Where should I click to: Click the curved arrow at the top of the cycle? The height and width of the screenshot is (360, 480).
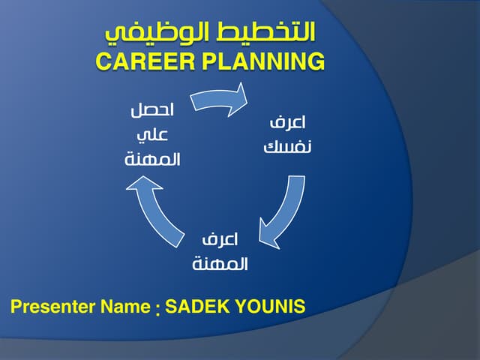coord(217,100)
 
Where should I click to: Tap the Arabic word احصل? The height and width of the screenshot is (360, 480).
coord(152,109)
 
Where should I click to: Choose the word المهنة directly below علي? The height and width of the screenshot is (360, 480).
coord(152,160)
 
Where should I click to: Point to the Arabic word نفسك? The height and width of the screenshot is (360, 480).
coord(288,145)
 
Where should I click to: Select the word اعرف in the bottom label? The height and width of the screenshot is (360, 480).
coord(220,240)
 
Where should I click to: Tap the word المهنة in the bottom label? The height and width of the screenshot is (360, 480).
coord(220,265)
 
